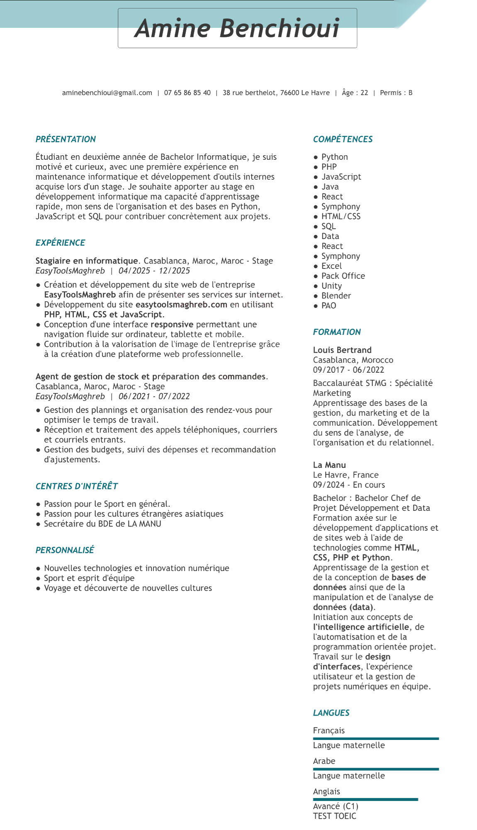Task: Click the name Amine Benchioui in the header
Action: pyautogui.click(x=237, y=28)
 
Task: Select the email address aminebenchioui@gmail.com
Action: pyautogui.click(x=107, y=93)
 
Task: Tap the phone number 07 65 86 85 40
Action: pyautogui.click(x=187, y=93)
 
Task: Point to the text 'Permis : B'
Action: pyautogui.click(x=396, y=93)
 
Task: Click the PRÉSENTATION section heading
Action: pyautogui.click(x=66, y=139)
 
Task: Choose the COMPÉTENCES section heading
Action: pyautogui.click(x=343, y=139)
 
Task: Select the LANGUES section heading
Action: pyautogui.click(x=331, y=713)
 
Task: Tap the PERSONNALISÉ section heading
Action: pyautogui.click(x=65, y=550)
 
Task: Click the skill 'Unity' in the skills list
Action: pyautogui.click(x=331, y=286)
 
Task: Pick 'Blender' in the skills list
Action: pyautogui.click(x=336, y=296)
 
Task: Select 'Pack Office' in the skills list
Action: pyautogui.click(x=343, y=276)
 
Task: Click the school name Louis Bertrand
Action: pyautogui.click(x=342, y=350)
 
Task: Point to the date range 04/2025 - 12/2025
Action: pyautogui.click(x=154, y=271)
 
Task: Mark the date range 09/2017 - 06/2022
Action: pyautogui.click(x=348, y=370)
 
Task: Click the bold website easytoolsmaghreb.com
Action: pyautogui.click(x=181, y=305)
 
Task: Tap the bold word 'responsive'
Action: pyautogui.click(x=172, y=325)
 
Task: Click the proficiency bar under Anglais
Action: pyautogui.click(x=365, y=799)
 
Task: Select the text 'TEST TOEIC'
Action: pyautogui.click(x=334, y=816)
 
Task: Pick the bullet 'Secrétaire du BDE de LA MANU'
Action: pyautogui.click(x=102, y=524)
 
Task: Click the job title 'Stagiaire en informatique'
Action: pyautogui.click(x=87, y=261)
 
